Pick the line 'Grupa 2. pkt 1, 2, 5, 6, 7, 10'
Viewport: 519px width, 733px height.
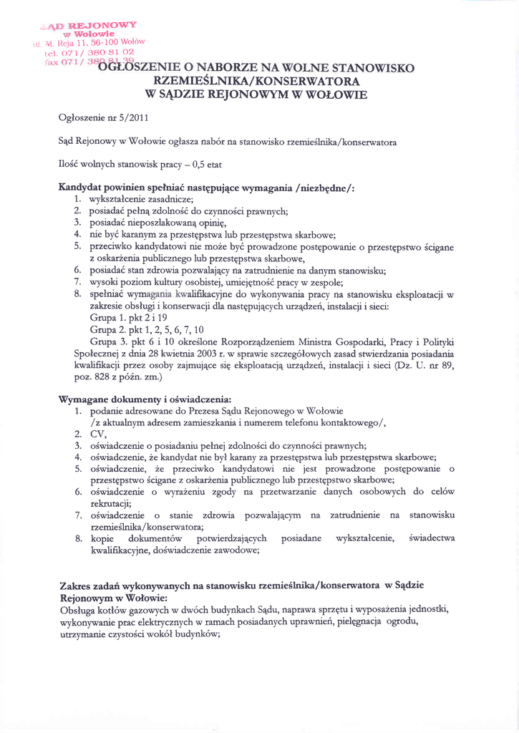click(147, 329)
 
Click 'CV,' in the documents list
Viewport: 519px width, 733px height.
click(97, 434)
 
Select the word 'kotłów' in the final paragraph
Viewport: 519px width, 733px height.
click(127, 610)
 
